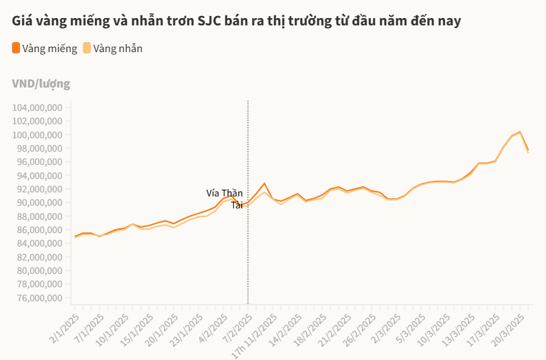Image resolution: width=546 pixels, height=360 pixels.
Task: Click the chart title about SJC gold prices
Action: point(236,21)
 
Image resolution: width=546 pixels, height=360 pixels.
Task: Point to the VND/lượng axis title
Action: point(41,83)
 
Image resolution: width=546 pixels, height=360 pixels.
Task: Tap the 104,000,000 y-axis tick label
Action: point(37,108)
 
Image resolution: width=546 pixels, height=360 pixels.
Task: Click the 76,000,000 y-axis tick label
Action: point(37,298)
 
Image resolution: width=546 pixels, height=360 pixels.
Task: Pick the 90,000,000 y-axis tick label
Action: point(37,203)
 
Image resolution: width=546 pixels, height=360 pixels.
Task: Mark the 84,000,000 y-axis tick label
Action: point(37,244)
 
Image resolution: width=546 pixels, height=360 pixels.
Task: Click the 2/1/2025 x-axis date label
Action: point(65,328)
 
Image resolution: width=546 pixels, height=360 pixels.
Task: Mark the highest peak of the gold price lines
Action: point(520,132)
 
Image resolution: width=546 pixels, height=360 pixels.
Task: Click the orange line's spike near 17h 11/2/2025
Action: point(265,183)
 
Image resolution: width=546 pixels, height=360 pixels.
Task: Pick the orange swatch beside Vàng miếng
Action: point(16,48)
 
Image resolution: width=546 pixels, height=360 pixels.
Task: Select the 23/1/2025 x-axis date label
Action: point(189,328)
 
